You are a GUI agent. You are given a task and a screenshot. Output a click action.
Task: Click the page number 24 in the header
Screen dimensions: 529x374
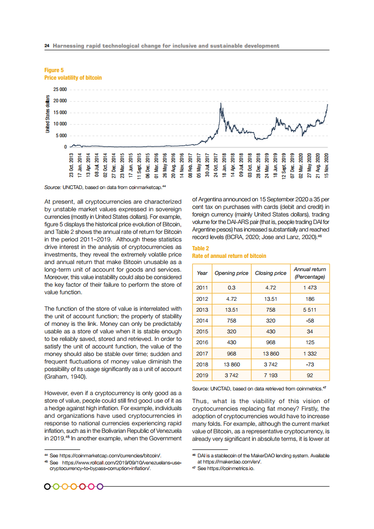(x=47, y=46)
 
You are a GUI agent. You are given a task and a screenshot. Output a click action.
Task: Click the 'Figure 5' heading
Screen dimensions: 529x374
(x=50, y=70)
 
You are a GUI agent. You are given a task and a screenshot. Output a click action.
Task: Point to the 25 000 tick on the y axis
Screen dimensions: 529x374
(x=59, y=90)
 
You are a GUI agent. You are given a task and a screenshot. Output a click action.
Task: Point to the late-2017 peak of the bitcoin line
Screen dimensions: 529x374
(x=221, y=103)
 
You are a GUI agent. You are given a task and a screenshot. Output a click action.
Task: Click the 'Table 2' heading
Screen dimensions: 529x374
(x=200, y=248)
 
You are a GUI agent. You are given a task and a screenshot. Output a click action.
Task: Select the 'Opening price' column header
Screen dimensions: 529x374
(x=232, y=273)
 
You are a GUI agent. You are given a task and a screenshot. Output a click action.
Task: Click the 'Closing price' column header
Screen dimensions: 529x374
(x=270, y=273)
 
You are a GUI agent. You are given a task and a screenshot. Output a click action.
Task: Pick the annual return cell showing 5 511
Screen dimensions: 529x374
(x=309, y=310)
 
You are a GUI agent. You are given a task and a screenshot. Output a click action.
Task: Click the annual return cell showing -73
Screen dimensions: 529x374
(x=309, y=365)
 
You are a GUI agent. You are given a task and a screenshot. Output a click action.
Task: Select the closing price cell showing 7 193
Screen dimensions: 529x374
(x=270, y=376)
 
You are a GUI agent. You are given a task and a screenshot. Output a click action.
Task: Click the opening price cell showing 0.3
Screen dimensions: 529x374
(x=232, y=287)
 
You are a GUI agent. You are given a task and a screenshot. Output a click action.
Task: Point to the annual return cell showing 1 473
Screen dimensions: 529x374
(x=309, y=287)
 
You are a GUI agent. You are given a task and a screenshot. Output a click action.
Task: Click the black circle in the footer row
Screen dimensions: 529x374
(x=48, y=486)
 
